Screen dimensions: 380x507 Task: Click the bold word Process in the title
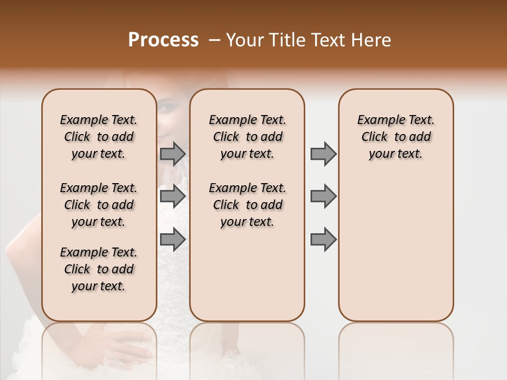point(163,40)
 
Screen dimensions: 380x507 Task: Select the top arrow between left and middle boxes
point(173,154)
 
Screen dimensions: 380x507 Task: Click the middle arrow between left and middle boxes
point(173,196)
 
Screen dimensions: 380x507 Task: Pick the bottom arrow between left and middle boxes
point(173,239)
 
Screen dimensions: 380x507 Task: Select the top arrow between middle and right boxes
point(323,154)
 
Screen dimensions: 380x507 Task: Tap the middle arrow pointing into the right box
point(323,196)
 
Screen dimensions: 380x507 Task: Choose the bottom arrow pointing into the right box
point(323,239)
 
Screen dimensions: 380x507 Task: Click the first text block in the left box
point(99,137)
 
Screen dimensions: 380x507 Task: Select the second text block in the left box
point(99,205)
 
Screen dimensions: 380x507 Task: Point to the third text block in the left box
point(99,269)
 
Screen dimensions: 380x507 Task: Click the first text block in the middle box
point(247,137)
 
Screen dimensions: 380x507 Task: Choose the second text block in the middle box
point(247,205)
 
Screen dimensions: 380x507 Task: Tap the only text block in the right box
point(396,137)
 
